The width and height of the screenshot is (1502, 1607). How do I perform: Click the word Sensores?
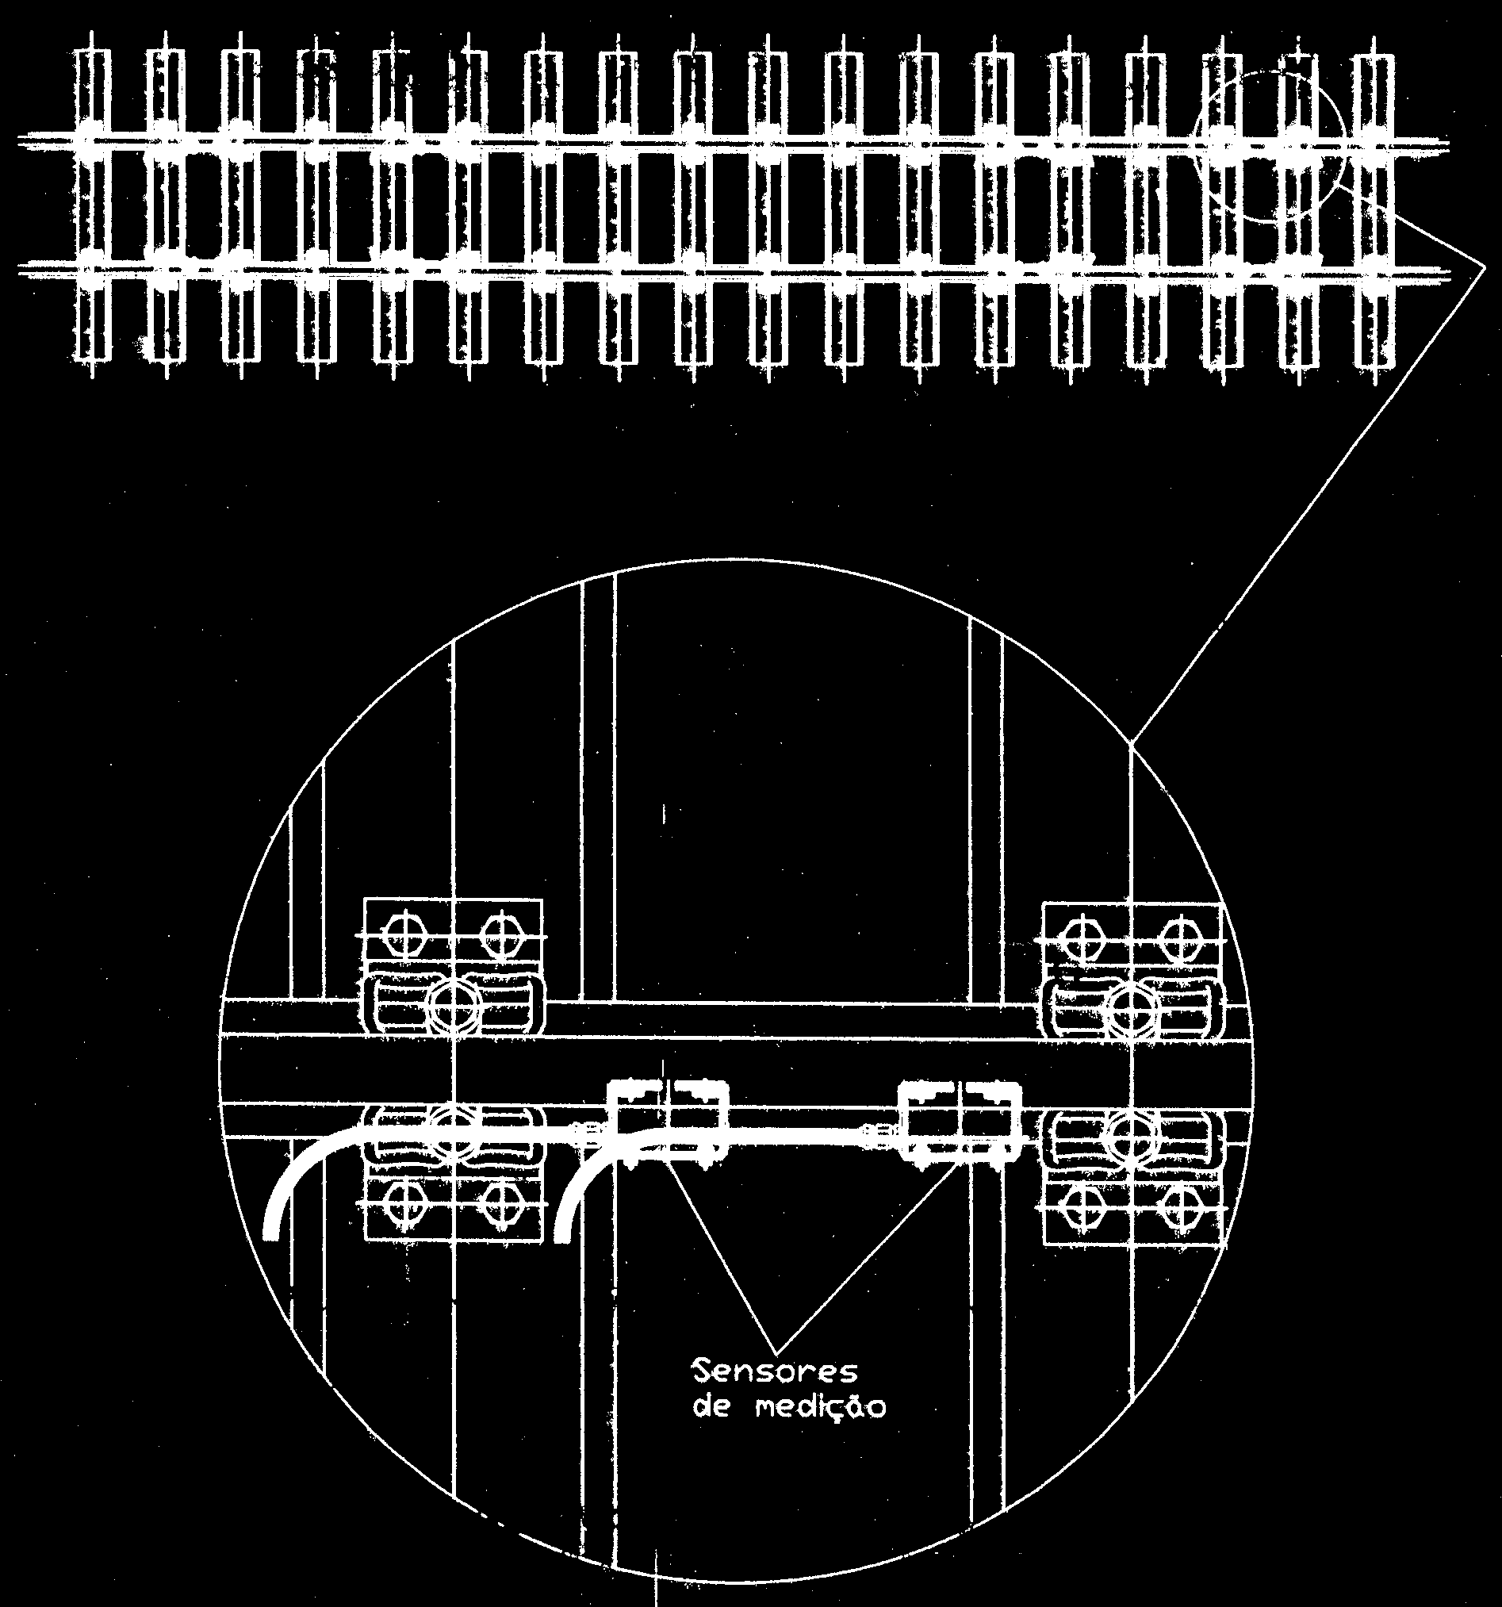[775, 1373]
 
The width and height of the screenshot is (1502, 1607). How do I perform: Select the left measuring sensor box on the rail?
[668, 1122]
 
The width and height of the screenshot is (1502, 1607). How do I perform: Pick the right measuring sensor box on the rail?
[962, 1122]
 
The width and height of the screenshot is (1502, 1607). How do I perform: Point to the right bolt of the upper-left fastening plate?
[503, 935]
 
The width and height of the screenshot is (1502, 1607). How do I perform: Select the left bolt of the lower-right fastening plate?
[1083, 1203]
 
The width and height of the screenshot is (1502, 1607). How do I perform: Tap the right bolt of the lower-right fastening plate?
[1180, 1203]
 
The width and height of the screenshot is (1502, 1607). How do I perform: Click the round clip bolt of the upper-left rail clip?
[454, 1005]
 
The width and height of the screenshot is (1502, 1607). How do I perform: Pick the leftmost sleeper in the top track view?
[90, 205]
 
